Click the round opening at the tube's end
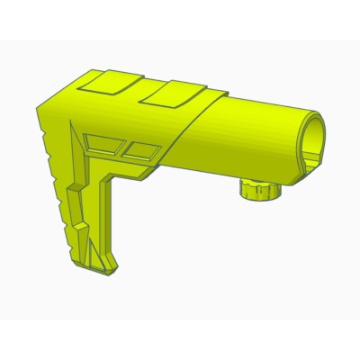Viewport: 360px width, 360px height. pyautogui.click(x=311, y=140)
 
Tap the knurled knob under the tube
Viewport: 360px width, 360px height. pyautogui.click(x=260, y=191)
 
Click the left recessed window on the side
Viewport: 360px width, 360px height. pyautogui.click(x=103, y=142)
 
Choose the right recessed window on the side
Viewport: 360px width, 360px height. pyautogui.click(x=139, y=149)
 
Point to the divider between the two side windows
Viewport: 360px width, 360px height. pyautogui.click(x=122, y=146)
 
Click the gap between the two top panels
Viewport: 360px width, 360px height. pyautogui.click(x=139, y=86)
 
